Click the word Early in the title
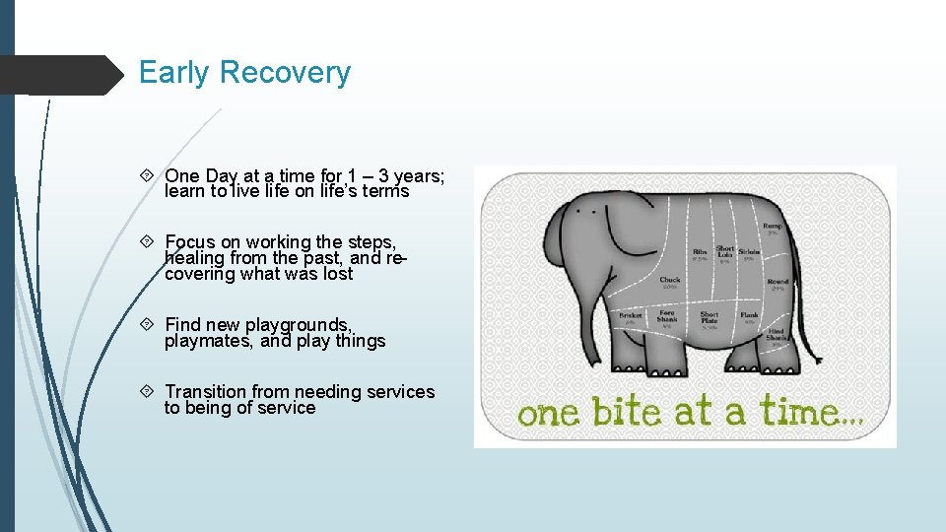[x=174, y=73]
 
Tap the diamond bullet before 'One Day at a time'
[x=148, y=176]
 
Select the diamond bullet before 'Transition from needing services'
[x=148, y=392]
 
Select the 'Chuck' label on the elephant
[x=670, y=281]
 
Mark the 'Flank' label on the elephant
[x=750, y=316]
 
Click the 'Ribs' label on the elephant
[x=700, y=252]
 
